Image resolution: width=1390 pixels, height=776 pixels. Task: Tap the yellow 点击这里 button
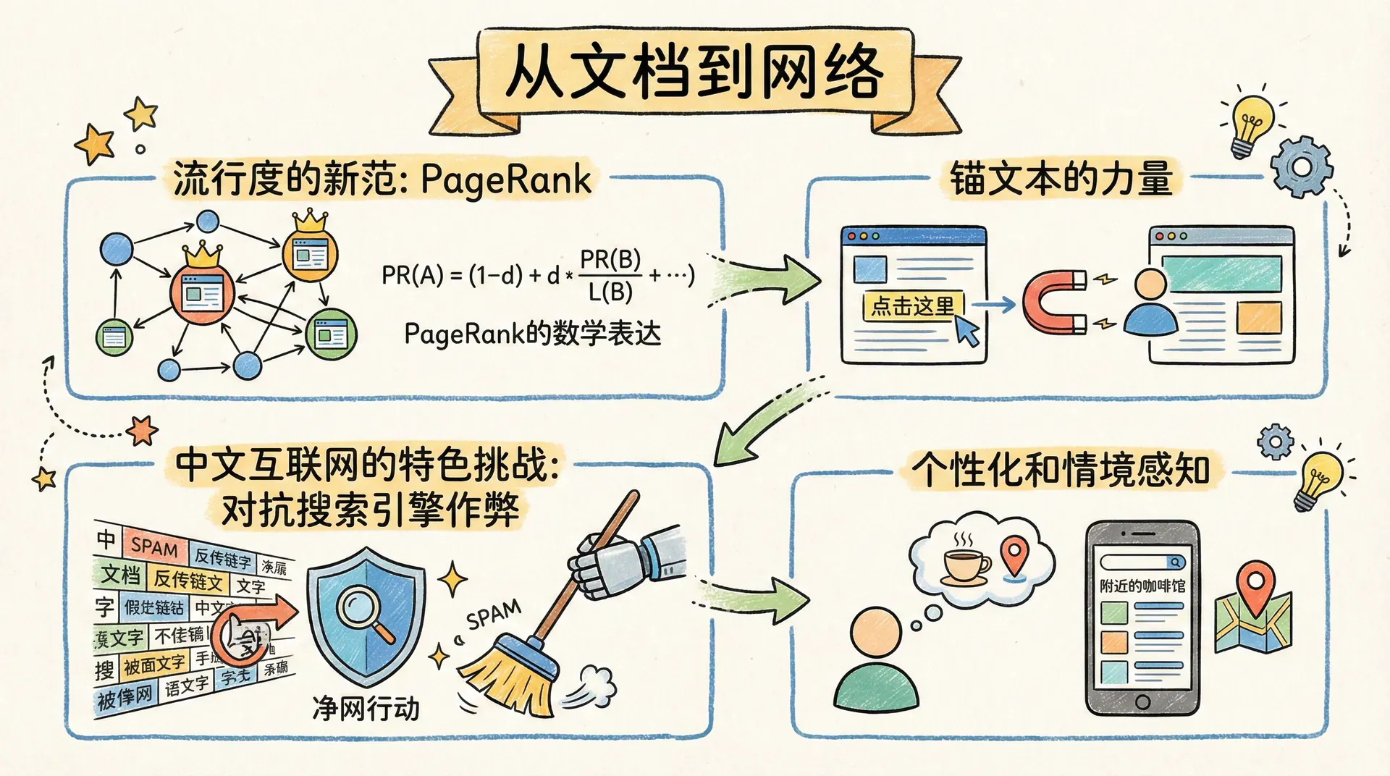[913, 306]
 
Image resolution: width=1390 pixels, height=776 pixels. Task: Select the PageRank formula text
[537, 275]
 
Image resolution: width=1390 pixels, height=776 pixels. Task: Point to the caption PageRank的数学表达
[532, 334]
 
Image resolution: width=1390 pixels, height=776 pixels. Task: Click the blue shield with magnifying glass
[366, 615]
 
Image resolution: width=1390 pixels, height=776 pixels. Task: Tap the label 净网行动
[366, 709]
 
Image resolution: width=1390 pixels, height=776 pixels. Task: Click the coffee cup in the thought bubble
[965, 565]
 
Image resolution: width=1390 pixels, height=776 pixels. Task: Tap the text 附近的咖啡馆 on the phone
[1142, 586]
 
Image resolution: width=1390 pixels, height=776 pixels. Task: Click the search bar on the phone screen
[1142, 562]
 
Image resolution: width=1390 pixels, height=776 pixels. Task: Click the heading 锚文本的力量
[1061, 179]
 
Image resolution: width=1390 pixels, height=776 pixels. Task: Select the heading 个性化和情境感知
[1061, 470]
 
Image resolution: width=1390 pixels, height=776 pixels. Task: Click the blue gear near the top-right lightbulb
[1301, 167]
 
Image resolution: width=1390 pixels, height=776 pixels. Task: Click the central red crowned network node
[202, 292]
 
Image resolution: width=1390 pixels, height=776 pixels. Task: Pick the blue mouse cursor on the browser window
[967, 330]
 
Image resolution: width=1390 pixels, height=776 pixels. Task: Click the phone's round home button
[1142, 701]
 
